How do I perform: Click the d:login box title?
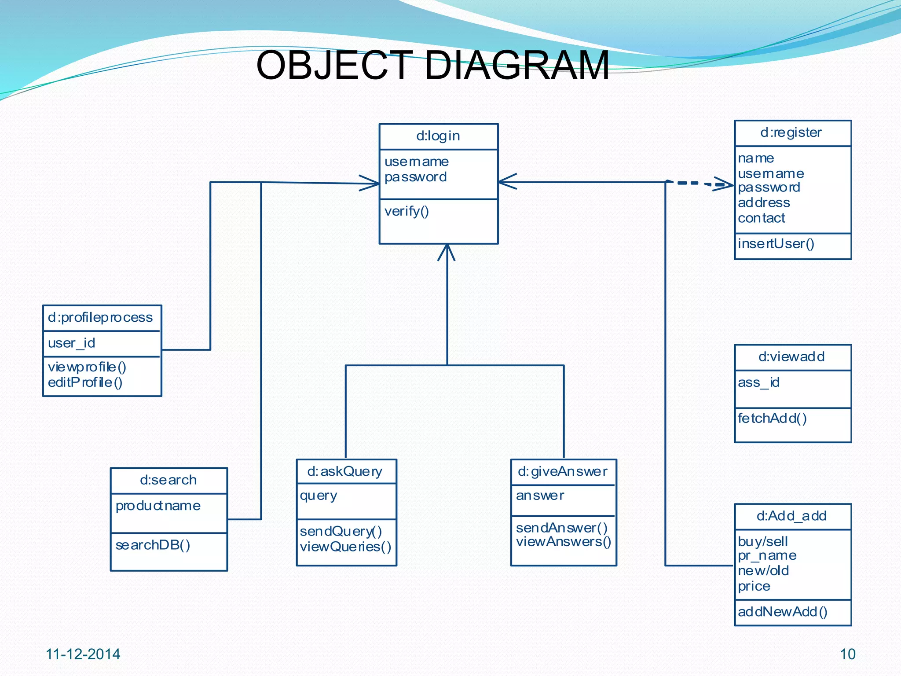click(x=438, y=136)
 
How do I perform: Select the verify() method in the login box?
click(x=407, y=212)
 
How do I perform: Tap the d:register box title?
click(x=791, y=132)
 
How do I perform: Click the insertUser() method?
click(x=776, y=244)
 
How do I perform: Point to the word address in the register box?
click(x=764, y=203)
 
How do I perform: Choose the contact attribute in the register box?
click(x=761, y=218)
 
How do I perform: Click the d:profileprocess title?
click(x=100, y=317)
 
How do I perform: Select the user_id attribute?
click(x=71, y=343)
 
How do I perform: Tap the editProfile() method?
click(x=85, y=382)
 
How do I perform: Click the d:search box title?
click(x=168, y=480)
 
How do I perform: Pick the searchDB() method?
click(x=153, y=545)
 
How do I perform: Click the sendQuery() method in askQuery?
click(x=341, y=532)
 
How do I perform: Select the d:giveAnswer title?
click(x=563, y=472)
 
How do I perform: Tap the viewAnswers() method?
click(x=564, y=542)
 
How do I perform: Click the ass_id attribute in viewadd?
click(x=758, y=382)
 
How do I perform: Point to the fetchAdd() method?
click(x=772, y=419)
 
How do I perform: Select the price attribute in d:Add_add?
click(x=754, y=586)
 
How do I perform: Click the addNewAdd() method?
click(x=782, y=612)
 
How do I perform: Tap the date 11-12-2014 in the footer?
click(x=83, y=654)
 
